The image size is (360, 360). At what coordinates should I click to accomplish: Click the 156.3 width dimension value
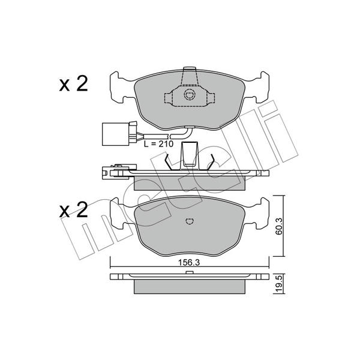(189, 263)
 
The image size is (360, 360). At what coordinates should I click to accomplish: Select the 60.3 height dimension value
(279, 226)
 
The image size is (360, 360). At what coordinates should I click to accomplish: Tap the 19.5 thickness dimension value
(279, 284)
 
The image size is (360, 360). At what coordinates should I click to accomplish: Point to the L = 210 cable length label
(158, 144)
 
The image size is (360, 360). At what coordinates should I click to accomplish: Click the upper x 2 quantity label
(73, 84)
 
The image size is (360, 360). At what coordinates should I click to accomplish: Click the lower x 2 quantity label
(73, 210)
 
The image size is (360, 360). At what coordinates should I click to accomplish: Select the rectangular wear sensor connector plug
(115, 134)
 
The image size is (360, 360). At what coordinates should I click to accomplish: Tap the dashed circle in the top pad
(190, 95)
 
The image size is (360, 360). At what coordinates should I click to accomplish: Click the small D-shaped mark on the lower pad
(190, 221)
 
